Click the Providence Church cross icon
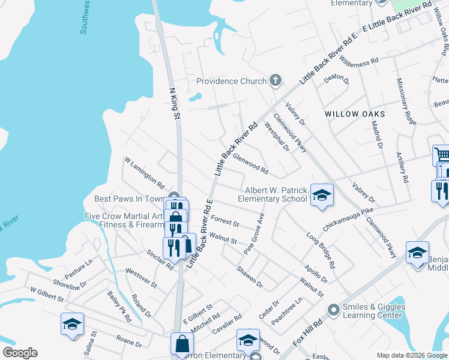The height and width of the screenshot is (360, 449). click(x=276, y=80)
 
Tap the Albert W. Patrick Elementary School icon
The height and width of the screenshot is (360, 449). click(x=322, y=194)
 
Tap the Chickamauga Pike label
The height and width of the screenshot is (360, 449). click(x=348, y=219)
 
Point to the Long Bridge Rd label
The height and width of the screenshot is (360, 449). click(x=321, y=250)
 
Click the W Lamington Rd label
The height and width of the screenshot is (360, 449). click(x=144, y=172)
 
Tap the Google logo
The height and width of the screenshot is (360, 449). click(x=20, y=353)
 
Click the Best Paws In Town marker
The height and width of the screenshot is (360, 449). click(x=174, y=196)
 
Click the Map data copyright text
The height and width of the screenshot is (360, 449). click(x=412, y=355)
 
